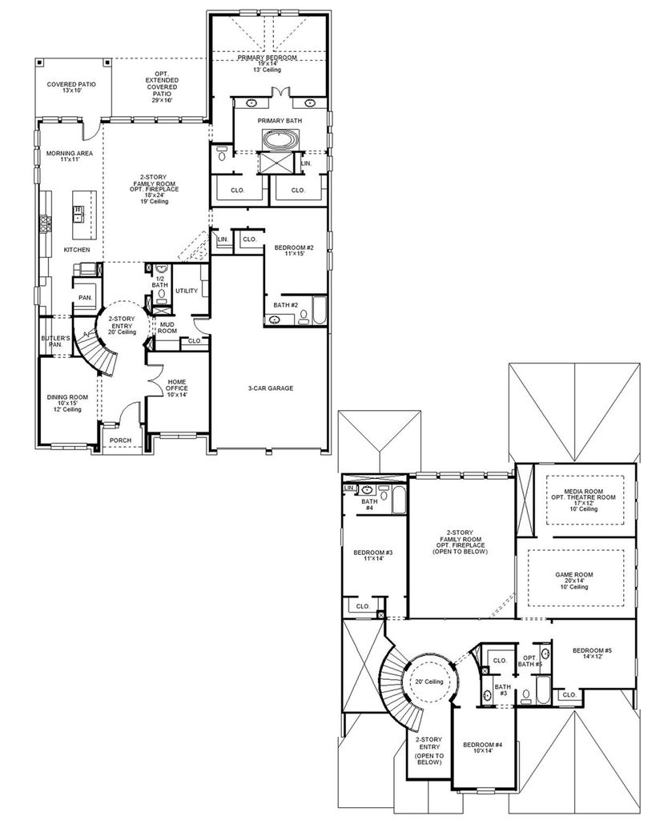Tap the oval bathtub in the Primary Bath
280,140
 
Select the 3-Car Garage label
271,388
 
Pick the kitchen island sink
78,211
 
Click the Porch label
120,440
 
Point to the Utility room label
187,291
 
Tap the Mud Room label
167,328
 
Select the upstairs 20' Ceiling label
429,681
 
